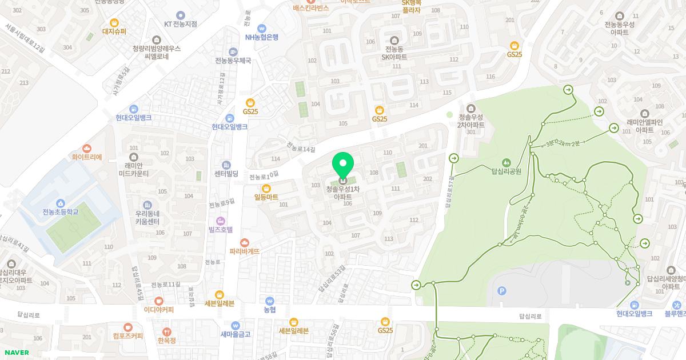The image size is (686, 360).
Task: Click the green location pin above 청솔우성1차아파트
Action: coord(343,165)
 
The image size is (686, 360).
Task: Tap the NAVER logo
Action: coord(16,353)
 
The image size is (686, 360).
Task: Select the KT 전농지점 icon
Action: coord(181,15)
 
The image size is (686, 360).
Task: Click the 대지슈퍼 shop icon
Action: coord(114,22)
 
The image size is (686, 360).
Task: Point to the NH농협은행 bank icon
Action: coord(262,28)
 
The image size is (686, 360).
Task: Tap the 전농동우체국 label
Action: coord(233,61)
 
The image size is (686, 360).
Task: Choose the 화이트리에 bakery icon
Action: coord(87,148)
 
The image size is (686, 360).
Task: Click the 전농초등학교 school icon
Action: coord(61,203)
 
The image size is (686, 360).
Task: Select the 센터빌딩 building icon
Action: coord(226,165)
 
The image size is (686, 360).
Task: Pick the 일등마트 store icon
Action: coord(266,188)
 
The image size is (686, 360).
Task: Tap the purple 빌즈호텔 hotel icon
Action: coord(221,221)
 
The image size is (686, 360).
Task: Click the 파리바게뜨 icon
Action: coord(245,243)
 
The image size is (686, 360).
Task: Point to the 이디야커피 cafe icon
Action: coord(159,301)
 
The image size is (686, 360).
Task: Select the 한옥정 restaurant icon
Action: coord(166,331)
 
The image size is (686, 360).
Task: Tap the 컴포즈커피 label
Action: coord(127,336)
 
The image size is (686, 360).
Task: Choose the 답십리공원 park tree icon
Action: coord(506,162)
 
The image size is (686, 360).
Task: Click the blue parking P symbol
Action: coord(502,291)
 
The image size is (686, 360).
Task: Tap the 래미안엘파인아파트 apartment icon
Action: coord(644,113)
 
